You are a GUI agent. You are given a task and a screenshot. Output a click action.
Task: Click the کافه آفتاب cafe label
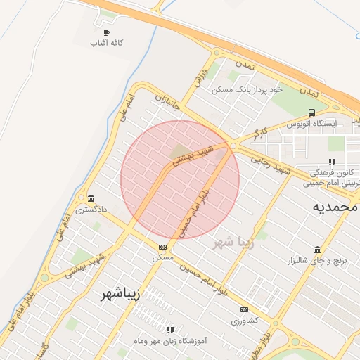[x=106, y=44]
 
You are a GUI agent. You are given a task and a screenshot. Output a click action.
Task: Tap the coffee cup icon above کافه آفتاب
[x=106, y=32]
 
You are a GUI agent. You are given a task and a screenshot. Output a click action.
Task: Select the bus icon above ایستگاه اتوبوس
[x=311, y=112]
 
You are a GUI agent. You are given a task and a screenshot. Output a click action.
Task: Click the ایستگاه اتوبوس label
[x=311, y=123]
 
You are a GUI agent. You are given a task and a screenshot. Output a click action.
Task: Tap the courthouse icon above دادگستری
[x=91, y=198]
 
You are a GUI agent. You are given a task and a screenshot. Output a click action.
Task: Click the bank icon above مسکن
[x=163, y=247]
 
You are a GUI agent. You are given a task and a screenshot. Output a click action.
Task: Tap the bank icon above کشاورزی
[x=244, y=309]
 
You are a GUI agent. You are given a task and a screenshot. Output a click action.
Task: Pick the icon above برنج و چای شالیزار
[x=317, y=250]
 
